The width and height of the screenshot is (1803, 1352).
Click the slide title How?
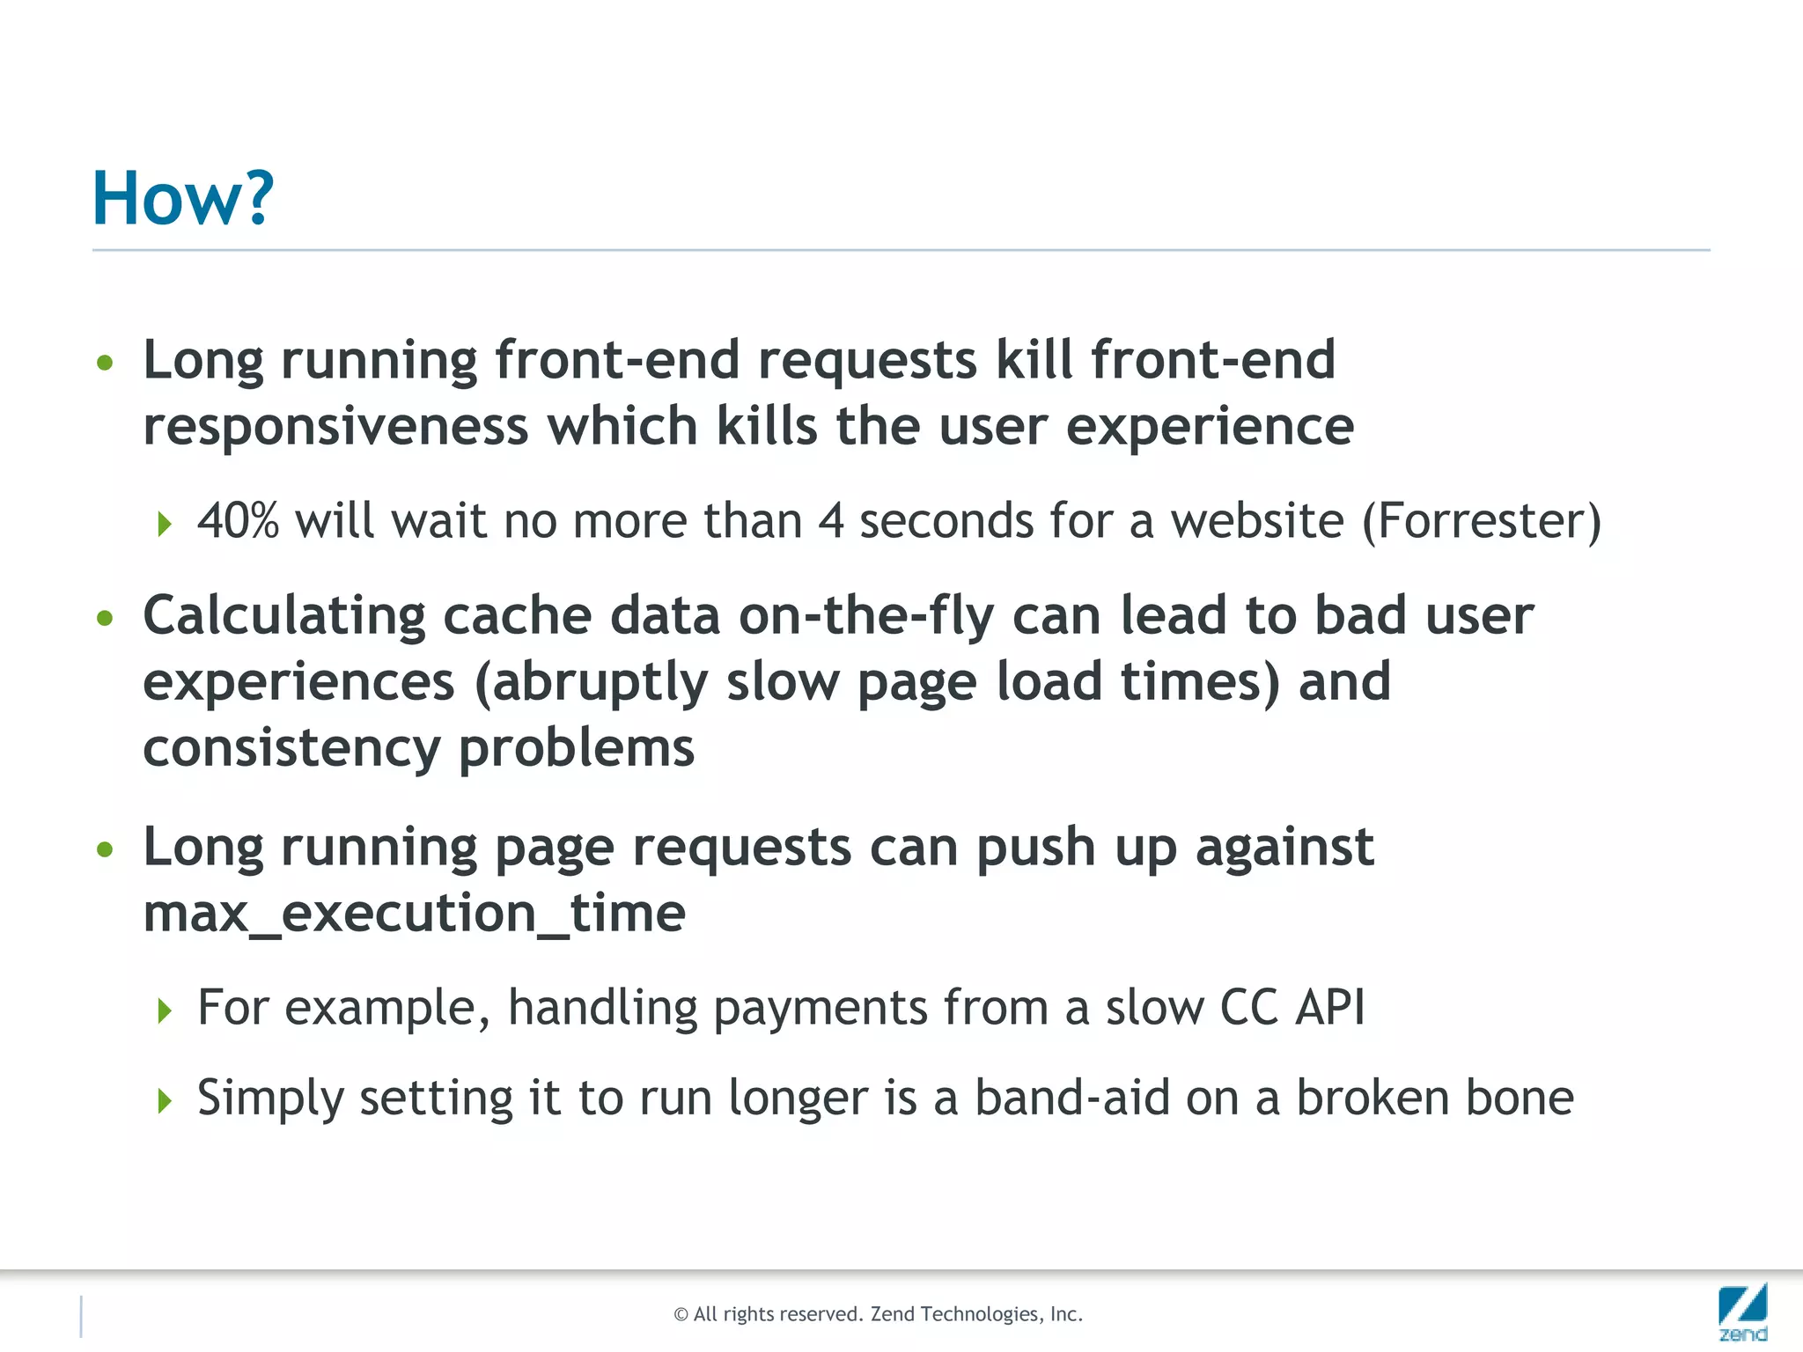pyautogui.click(x=183, y=198)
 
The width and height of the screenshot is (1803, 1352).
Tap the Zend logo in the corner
pyautogui.click(x=1742, y=1312)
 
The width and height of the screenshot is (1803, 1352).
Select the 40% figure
pyautogui.click(x=238, y=520)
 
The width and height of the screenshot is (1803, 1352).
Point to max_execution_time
pyautogui.click(x=414, y=914)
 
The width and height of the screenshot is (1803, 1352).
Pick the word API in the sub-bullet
pyautogui.click(x=1329, y=1007)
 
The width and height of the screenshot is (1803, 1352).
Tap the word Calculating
pyautogui.click(x=283, y=616)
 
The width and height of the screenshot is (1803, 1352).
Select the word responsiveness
pyautogui.click(x=335, y=428)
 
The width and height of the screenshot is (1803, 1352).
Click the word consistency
pyautogui.click(x=291, y=750)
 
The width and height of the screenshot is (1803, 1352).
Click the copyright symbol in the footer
pyautogui.click(x=681, y=1315)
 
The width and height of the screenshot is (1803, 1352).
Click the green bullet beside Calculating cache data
pyautogui.click(x=106, y=619)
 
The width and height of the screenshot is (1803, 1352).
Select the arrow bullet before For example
pyautogui.click(x=165, y=1010)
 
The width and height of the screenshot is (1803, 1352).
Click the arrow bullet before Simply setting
pyautogui.click(x=165, y=1100)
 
